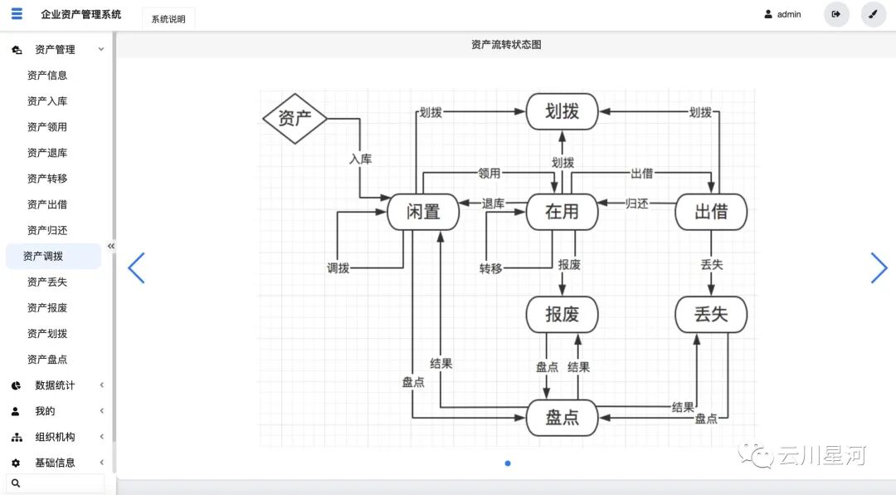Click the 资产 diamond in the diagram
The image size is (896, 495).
(x=295, y=118)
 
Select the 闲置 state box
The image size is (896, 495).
(x=423, y=212)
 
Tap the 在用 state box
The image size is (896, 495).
(x=562, y=212)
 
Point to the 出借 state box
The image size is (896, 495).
(x=711, y=212)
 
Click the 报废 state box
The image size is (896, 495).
(x=562, y=315)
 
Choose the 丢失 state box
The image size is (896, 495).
(x=711, y=315)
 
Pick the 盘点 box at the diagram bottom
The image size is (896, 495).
(x=562, y=418)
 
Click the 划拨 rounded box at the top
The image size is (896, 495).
(x=562, y=111)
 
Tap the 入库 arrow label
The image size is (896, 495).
(x=359, y=159)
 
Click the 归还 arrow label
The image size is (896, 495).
(x=636, y=203)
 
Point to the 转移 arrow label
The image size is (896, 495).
(x=490, y=268)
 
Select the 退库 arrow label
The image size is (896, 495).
(x=493, y=203)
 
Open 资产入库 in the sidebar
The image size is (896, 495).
(x=47, y=101)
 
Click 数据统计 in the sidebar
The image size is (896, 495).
(x=55, y=385)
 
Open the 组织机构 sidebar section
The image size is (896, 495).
(x=55, y=437)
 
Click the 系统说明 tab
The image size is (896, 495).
(x=168, y=19)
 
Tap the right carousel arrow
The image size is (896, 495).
(x=879, y=268)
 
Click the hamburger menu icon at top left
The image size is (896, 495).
(x=17, y=14)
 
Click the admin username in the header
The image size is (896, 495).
(x=788, y=14)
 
